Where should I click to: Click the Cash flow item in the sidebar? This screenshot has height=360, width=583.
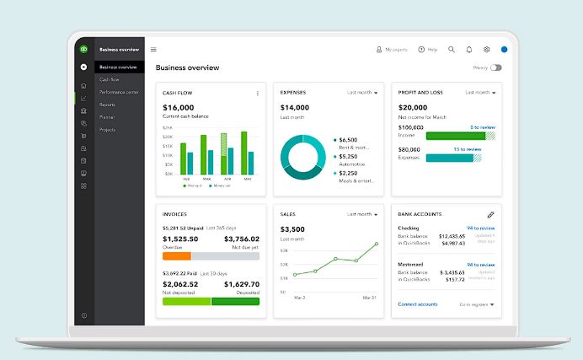(x=110, y=79)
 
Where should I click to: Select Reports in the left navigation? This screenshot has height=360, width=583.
(x=108, y=105)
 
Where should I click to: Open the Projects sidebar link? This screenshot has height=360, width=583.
(x=108, y=130)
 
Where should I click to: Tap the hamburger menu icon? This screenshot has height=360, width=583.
(x=153, y=50)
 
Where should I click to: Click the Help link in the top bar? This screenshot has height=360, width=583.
(x=427, y=50)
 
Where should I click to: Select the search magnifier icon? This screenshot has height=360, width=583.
(x=452, y=50)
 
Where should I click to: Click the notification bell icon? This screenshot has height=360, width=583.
(x=469, y=50)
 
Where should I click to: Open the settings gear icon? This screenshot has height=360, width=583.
(x=486, y=50)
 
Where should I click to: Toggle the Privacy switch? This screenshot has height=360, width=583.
(x=495, y=67)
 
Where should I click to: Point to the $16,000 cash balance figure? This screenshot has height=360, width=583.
(x=179, y=108)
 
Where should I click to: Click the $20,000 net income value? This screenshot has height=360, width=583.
(x=413, y=108)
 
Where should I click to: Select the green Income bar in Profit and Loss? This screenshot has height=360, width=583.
(x=455, y=135)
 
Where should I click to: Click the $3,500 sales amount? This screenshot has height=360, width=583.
(x=292, y=229)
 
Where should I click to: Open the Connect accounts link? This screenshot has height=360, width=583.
(x=418, y=304)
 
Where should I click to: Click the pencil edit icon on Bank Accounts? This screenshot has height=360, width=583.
(x=491, y=215)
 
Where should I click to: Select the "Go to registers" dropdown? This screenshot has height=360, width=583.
(x=477, y=304)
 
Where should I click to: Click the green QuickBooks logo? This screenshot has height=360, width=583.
(x=83, y=49)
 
